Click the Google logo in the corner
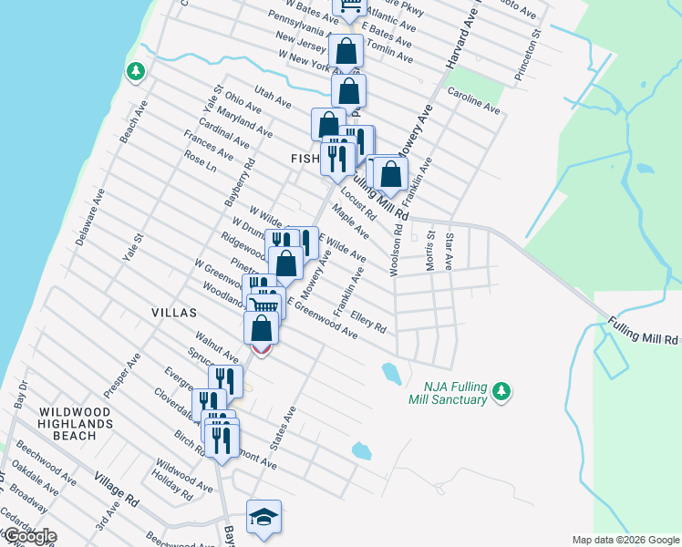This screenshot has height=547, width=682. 29,536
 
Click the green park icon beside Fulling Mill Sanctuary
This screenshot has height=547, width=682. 500,391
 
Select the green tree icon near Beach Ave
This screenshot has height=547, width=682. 135,70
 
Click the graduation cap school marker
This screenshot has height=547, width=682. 263,517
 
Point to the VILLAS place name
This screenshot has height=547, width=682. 174,312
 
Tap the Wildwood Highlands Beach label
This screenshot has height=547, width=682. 76,424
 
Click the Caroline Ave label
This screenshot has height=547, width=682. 474,100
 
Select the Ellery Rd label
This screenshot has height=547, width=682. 368,323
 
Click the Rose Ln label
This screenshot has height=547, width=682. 200,161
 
